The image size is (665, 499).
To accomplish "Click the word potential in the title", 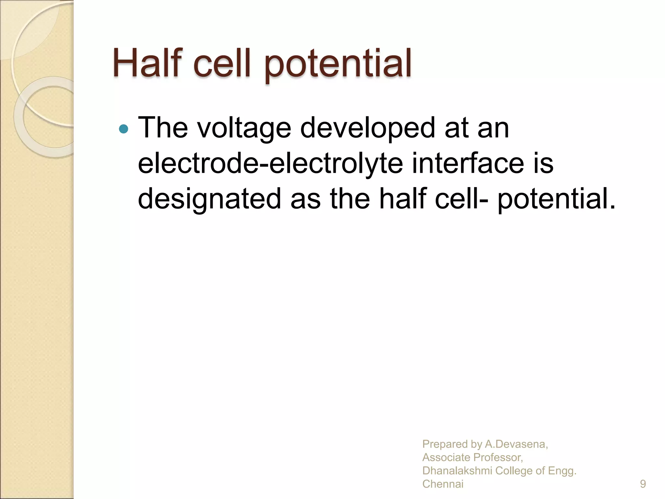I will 338,64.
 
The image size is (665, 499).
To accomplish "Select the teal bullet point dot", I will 124,129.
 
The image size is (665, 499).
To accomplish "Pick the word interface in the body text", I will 468,163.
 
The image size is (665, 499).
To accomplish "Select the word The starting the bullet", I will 163,128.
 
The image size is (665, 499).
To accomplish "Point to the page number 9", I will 643,484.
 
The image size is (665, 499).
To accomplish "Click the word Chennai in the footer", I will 443,484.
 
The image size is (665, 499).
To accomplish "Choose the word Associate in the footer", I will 446,457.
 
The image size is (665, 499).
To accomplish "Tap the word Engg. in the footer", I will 562,471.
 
